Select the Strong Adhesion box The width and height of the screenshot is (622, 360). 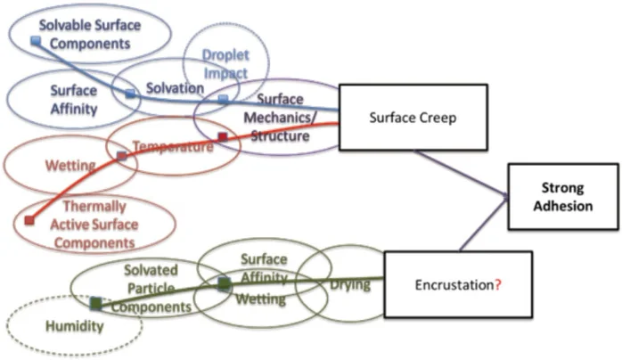562,198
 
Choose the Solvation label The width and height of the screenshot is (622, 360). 170,90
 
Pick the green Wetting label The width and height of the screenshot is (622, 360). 260,299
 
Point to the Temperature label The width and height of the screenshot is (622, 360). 173,145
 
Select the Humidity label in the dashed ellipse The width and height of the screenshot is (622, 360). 73,326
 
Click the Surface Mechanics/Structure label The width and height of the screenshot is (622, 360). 281,118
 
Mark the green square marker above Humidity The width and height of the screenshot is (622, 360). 95,304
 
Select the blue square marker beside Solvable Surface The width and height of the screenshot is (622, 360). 36,41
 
